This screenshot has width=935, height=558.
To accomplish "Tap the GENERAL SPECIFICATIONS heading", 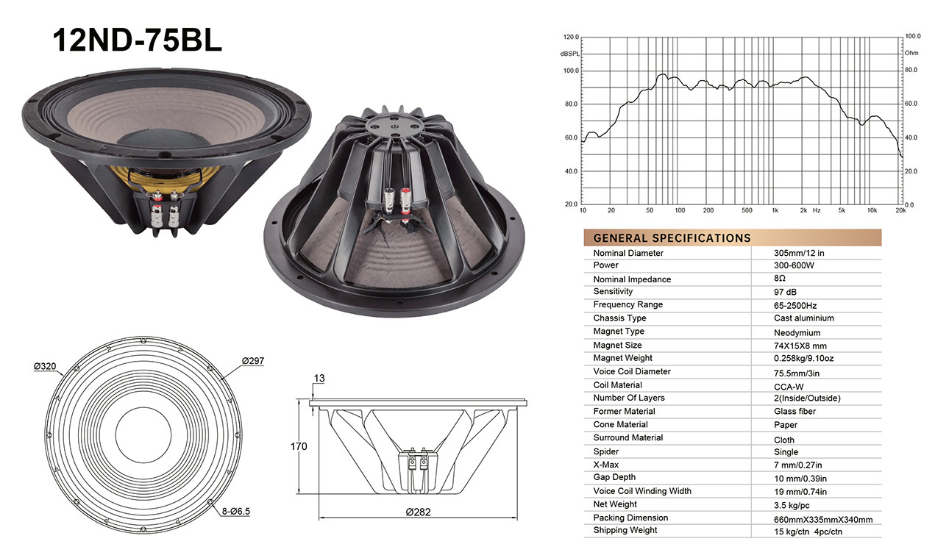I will (x=672, y=238).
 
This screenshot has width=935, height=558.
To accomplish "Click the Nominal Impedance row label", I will (x=632, y=279).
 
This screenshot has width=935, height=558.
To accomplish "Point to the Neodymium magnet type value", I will (x=798, y=332).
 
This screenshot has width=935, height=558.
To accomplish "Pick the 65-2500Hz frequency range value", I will (x=795, y=305).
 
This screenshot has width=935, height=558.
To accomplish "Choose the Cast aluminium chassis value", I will (x=803, y=318).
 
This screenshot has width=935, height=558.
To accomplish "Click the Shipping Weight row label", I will (x=625, y=530).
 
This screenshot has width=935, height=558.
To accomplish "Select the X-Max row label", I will (x=606, y=465).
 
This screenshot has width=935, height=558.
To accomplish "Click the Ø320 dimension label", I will (x=46, y=365).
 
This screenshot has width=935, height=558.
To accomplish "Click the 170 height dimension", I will (x=299, y=446).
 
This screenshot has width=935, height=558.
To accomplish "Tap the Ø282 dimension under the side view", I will (x=419, y=512).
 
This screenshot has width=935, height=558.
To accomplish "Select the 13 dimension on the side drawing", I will (x=319, y=379).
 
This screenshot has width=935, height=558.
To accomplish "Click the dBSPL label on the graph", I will (x=569, y=54).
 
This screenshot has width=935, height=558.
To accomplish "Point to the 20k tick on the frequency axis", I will (x=900, y=211).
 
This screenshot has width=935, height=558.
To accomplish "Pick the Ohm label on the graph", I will (x=911, y=53).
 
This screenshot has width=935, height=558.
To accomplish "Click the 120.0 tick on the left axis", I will (x=571, y=37).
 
